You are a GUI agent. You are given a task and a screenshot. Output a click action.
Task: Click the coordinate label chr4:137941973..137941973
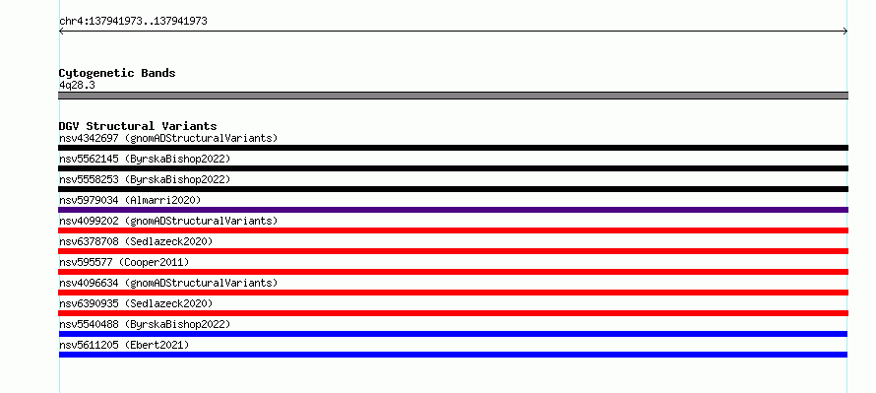click(x=133, y=22)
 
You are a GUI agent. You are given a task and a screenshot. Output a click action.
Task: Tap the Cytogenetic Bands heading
click(x=117, y=73)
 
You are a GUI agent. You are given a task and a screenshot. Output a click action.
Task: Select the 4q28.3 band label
click(x=77, y=85)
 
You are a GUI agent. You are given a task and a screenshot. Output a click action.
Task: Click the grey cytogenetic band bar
click(x=453, y=96)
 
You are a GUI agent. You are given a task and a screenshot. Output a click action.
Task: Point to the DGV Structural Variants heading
click(x=138, y=126)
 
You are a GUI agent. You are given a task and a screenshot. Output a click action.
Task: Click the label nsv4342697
click(x=89, y=138)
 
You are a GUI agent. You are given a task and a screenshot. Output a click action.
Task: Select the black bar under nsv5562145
click(x=453, y=168)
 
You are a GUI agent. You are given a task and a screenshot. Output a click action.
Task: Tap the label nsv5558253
click(x=89, y=179)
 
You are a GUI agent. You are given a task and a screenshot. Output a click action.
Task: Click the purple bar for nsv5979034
click(x=453, y=210)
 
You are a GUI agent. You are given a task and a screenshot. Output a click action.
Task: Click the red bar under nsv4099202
click(x=453, y=230)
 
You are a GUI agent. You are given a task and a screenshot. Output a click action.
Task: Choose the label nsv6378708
click(x=89, y=241)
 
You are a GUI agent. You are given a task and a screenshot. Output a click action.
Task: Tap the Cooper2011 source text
click(x=154, y=262)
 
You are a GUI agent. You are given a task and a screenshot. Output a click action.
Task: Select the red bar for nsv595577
click(x=453, y=272)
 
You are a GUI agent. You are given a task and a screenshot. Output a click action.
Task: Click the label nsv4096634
click(x=89, y=283)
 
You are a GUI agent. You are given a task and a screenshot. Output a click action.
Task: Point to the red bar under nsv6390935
click(x=453, y=313)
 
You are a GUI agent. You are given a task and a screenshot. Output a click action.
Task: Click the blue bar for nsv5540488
click(x=453, y=334)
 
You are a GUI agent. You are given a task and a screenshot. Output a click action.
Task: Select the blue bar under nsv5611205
click(x=453, y=355)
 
